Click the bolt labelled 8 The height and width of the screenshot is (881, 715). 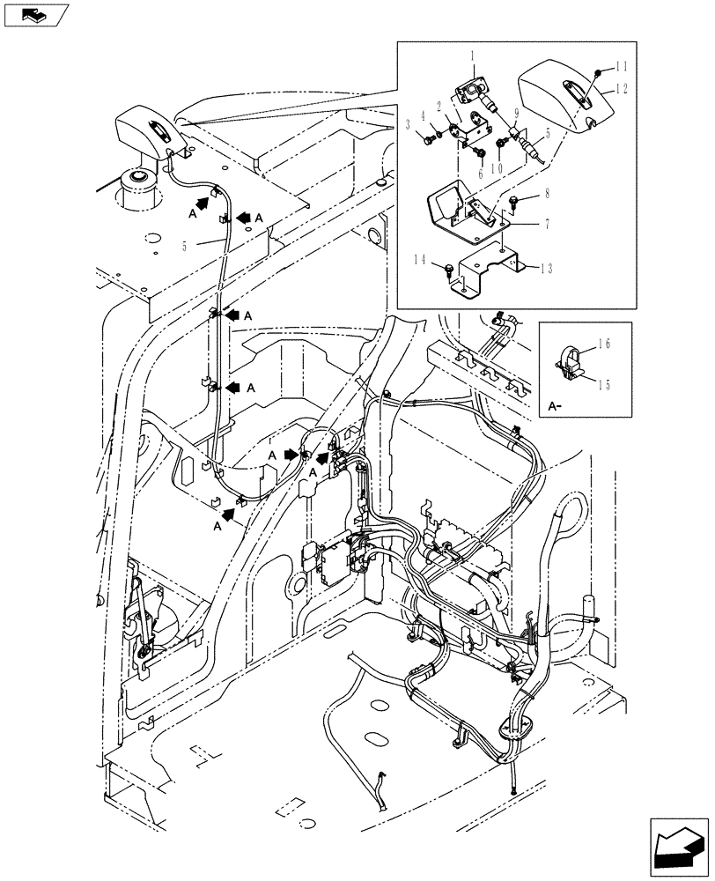click(x=516, y=204)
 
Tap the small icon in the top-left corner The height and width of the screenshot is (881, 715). click(x=35, y=14)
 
